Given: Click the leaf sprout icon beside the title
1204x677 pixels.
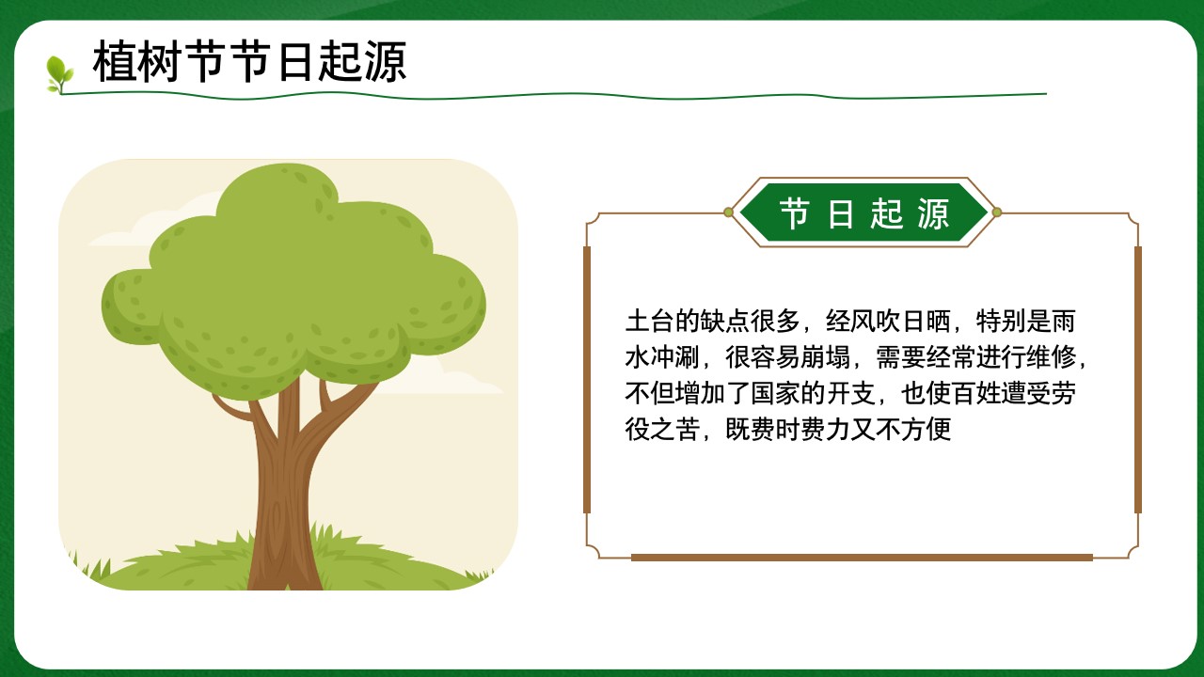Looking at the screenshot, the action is (x=59, y=74).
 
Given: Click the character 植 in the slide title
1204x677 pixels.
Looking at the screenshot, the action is (x=114, y=62).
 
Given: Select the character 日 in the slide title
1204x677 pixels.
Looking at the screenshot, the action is (x=295, y=62).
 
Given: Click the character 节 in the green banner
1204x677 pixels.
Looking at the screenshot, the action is (x=795, y=213).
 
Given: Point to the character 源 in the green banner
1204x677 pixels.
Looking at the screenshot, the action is (x=934, y=213).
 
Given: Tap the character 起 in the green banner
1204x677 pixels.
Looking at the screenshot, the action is (x=887, y=213).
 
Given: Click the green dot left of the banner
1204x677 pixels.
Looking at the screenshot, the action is (x=728, y=213).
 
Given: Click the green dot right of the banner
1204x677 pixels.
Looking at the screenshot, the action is (x=996, y=213).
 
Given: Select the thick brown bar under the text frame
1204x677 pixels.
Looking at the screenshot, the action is (x=862, y=558).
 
